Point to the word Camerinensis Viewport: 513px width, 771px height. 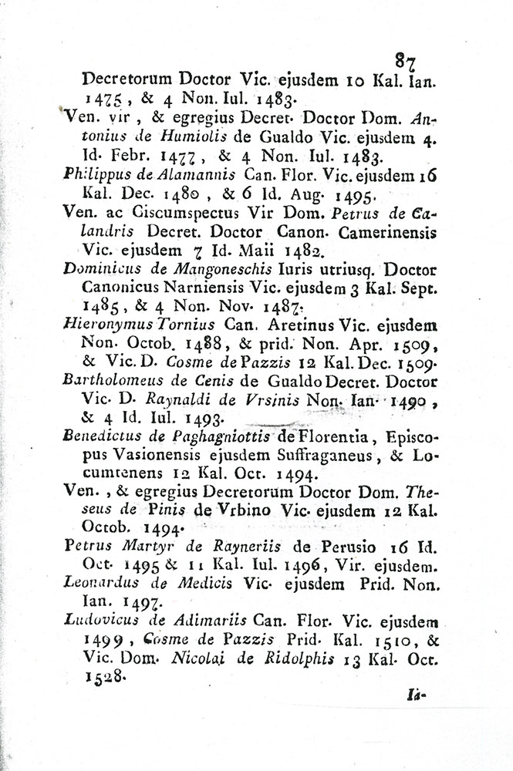pos(384,231)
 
